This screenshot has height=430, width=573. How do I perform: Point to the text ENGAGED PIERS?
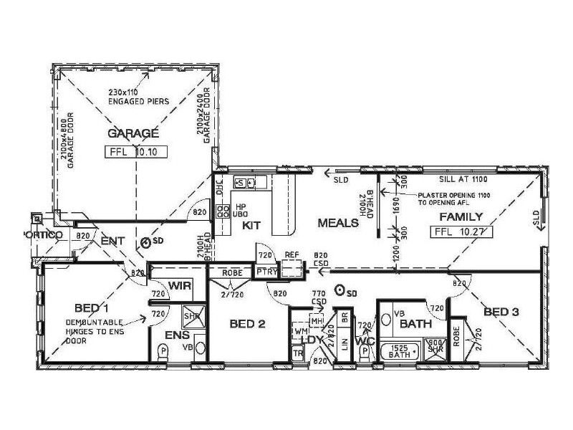(140, 102)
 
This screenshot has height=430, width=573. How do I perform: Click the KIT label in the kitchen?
(251, 225)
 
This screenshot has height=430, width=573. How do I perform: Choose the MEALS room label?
(338, 223)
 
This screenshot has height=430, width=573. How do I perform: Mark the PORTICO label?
(44, 236)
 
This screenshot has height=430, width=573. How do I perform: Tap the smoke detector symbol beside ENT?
(146, 242)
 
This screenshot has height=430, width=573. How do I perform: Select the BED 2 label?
(248, 324)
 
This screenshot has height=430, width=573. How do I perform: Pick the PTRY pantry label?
(266, 272)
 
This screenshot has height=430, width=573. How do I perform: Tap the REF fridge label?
(292, 254)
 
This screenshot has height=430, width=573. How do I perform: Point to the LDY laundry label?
(312, 339)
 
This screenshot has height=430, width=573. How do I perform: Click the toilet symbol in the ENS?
(163, 351)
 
